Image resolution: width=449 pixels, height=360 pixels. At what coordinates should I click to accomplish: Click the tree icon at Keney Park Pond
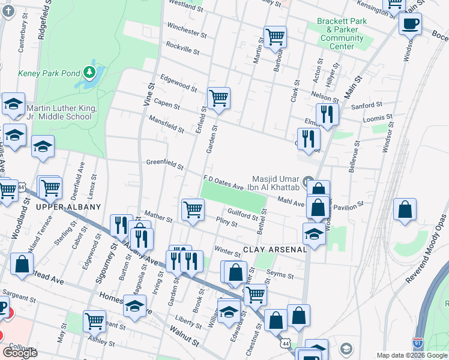tap(90, 73)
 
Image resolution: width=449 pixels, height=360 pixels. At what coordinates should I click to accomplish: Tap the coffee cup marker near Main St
tap(410, 25)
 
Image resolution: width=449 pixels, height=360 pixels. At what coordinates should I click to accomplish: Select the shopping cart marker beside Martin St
tap(275, 36)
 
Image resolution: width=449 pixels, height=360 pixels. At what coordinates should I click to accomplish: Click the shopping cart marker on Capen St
tap(218, 98)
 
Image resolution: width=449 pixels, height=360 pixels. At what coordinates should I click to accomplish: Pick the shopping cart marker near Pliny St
tap(193, 210)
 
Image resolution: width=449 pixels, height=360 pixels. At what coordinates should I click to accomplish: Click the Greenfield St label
tap(164, 163)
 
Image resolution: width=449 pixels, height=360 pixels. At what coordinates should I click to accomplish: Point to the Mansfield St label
tap(166, 124)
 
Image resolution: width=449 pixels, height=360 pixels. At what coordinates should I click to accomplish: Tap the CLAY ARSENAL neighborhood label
tap(275, 249)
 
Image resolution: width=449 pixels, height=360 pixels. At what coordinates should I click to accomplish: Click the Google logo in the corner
tap(20, 352)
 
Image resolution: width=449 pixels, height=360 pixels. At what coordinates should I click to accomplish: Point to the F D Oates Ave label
tap(223, 182)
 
